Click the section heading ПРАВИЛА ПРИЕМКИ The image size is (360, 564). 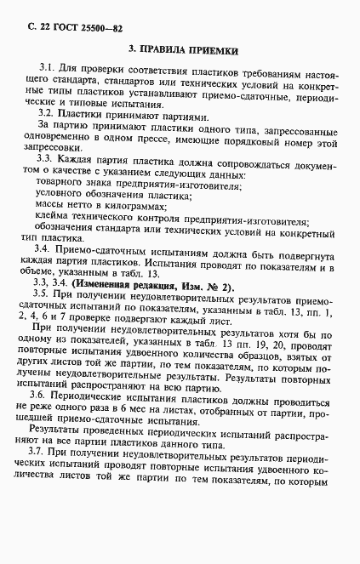click(x=189, y=51)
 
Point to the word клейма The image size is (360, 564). click(x=56, y=223)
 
